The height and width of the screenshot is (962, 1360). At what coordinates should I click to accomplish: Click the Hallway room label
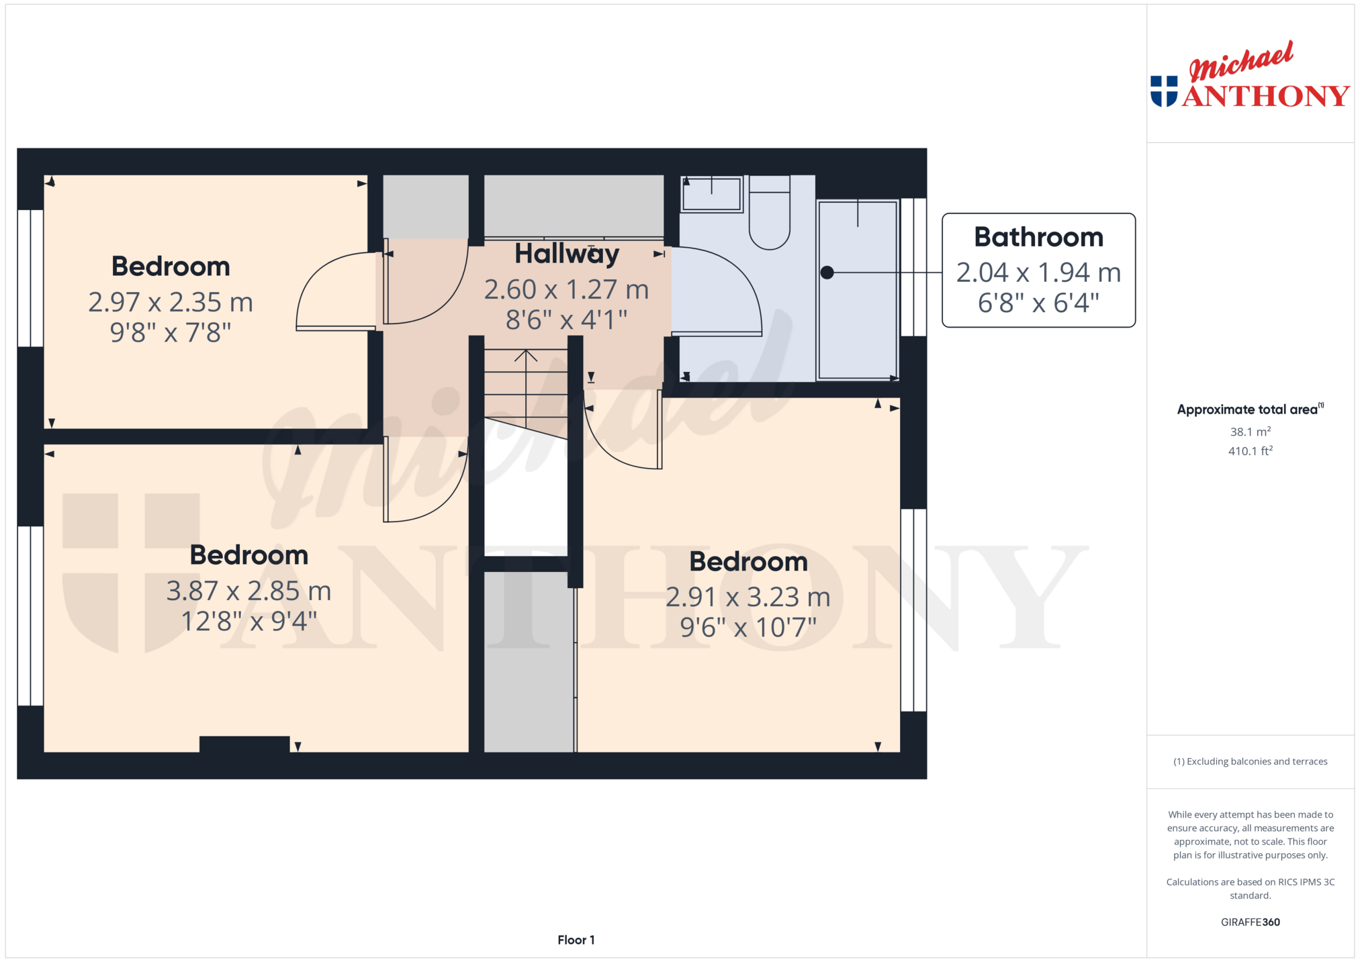pos(567,254)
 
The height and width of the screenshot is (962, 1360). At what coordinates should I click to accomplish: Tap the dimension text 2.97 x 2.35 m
pos(171,302)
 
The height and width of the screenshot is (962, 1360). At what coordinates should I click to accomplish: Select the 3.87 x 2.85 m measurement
pos(249,591)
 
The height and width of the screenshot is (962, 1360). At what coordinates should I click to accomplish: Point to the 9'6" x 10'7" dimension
pos(748,628)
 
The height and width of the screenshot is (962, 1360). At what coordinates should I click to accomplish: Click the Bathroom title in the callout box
pos(1038,237)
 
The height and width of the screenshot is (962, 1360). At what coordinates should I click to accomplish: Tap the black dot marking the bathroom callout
pos(827,273)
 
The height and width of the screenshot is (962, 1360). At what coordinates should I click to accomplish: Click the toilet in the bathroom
pos(769,212)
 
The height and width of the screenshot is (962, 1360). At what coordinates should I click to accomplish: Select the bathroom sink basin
pos(712,194)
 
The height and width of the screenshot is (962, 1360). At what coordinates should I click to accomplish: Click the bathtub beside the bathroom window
pos(858,290)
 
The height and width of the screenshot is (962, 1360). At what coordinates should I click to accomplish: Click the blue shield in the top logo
pos(1164,91)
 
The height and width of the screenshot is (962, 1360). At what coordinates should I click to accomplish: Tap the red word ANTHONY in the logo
pos(1266,96)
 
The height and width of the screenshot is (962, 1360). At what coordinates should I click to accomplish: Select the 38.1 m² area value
pos(1250,432)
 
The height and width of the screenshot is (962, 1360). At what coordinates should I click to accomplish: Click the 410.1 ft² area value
pos(1250,451)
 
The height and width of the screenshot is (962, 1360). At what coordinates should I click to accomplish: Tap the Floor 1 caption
pos(576,940)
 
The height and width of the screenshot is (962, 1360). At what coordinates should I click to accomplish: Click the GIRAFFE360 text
pos(1250,922)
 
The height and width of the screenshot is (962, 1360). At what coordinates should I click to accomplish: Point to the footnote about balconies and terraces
pos(1250,761)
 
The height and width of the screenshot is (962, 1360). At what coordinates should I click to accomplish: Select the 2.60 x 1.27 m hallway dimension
pos(567,289)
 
